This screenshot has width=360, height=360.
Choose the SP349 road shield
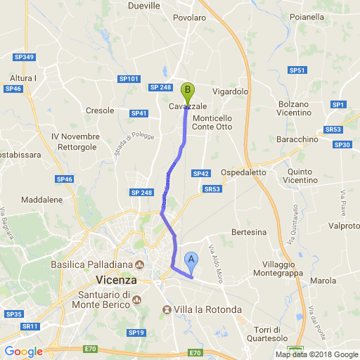[x=24, y=57]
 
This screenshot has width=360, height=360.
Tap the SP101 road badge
[x=129, y=79]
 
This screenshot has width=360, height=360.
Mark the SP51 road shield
[x=297, y=70]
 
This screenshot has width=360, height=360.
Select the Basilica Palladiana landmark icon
[x=139, y=265]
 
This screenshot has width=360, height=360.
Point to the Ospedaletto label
[x=243, y=172]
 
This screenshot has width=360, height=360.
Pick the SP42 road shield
[x=201, y=173]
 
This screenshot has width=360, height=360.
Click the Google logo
[x=23, y=352]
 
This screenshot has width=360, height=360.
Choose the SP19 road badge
[x=136, y=332]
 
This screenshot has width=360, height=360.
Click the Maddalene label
[x=41, y=201]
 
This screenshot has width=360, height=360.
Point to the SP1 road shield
[x=338, y=104]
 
